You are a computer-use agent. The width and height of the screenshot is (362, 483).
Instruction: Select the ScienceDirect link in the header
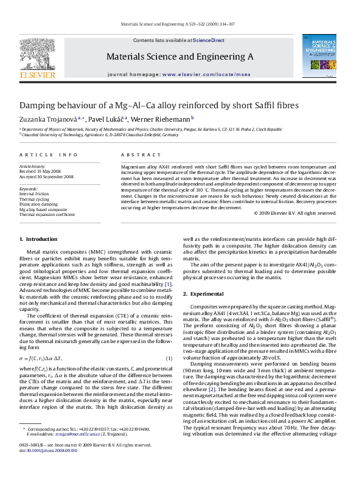click(209, 40)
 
